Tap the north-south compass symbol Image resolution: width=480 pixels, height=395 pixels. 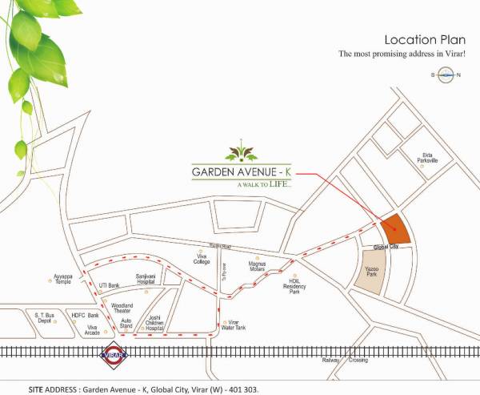pos(445,75)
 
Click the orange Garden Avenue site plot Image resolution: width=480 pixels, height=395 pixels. pos(395,229)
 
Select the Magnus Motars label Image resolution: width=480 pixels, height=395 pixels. pos(258,266)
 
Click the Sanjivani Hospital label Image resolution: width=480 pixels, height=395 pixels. pos(146,279)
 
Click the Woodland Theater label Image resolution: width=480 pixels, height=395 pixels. pos(122,308)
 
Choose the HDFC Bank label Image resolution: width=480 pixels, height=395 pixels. pos(84,315)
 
